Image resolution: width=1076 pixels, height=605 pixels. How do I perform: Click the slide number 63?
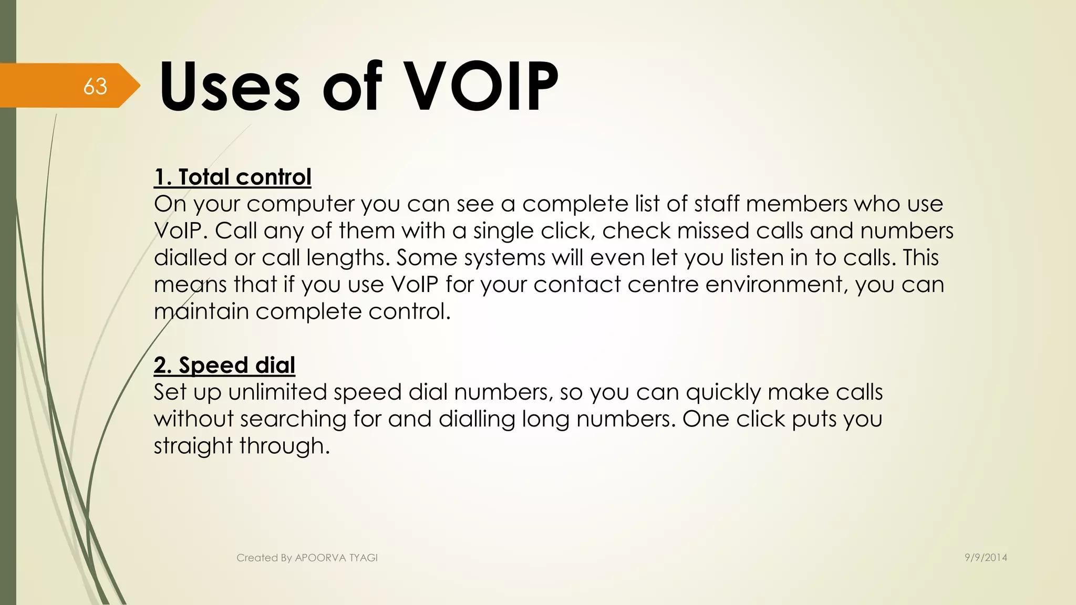point(95,86)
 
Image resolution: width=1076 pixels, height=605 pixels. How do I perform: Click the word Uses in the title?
point(230,86)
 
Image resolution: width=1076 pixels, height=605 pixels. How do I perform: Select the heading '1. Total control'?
point(232,177)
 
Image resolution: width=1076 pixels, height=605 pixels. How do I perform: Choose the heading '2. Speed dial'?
point(224,365)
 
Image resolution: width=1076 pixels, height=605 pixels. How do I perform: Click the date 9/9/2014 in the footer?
point(986,558)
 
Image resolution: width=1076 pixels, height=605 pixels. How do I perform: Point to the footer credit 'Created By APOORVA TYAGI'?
point(307,558)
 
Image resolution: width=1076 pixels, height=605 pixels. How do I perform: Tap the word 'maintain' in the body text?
point(201,311)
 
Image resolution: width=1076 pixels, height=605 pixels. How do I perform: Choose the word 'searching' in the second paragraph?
point(293,420)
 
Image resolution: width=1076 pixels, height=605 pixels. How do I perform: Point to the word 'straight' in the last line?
point(193,446)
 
